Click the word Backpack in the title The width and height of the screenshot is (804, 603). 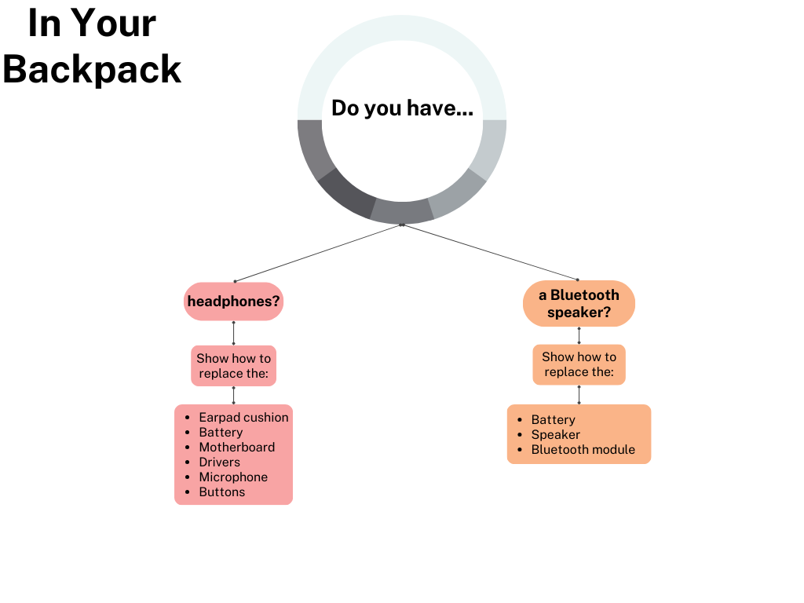(x=92, y=68)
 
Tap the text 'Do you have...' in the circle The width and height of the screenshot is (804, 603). (x=402, y=108)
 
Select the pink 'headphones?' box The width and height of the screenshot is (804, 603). (x=233, y=301)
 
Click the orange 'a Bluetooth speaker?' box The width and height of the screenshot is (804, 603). (x=579, y=304)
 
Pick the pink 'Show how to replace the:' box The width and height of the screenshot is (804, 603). (x=233, y=366)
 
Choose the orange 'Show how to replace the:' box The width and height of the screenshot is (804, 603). (x=579, y=364)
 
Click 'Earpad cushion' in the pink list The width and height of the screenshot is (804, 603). (x=243, y=418)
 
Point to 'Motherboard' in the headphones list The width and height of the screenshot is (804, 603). (x=236, y=448)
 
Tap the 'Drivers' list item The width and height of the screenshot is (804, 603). (x=219, y=462)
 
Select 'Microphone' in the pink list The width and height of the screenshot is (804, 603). (x=233, y=477)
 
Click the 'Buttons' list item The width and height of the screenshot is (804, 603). (x=221, y=492)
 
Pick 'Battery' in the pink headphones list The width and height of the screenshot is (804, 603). (x=221, y=433)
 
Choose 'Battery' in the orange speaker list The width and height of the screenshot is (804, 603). (x=553, y=420)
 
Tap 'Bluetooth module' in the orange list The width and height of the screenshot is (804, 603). (x=583, y=450)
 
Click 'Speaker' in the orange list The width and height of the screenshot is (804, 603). (x=555, y=435)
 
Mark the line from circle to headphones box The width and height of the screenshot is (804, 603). (x=318, y=253)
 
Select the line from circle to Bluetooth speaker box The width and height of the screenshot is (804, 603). (x=490, y=252)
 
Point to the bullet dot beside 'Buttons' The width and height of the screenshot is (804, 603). (x=188, y=492)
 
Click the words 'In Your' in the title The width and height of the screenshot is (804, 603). (x=92, y=24)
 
